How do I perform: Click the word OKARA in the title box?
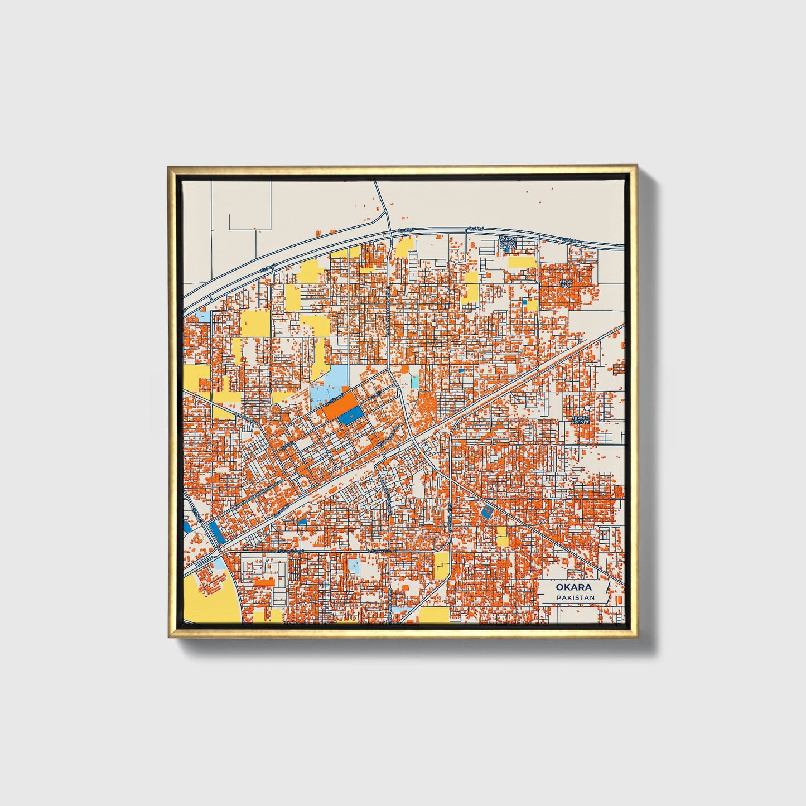(574, 587)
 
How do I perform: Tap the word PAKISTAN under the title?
(575, 597)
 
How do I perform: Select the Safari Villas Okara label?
(508, 243)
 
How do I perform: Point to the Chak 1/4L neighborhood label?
(566, 283)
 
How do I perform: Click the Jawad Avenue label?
(580, 419)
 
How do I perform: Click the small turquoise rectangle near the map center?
(414, 382)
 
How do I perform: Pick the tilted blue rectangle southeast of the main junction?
(487, 512)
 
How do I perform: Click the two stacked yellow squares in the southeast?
(502, 536)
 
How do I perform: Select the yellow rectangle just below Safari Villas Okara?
(522, 262)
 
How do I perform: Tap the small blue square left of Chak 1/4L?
(524, 302)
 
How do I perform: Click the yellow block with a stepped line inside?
(441, 564)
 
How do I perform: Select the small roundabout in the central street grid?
(330, 455)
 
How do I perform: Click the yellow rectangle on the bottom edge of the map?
(434, 615)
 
